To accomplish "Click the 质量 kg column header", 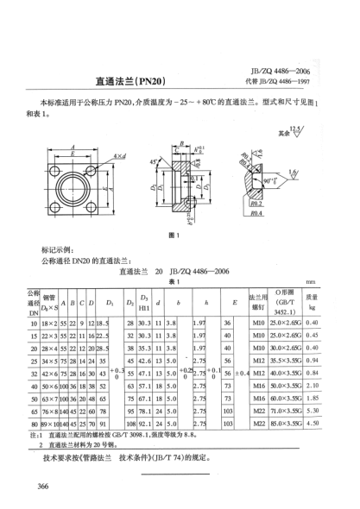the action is [x=336, y=301].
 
